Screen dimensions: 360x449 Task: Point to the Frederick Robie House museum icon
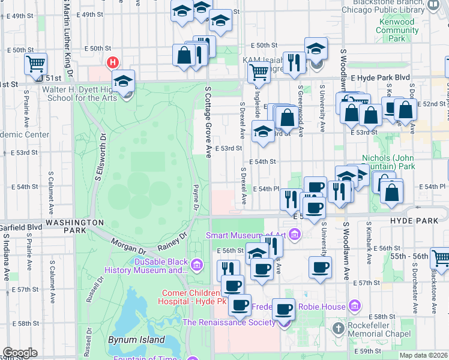click(355, 307)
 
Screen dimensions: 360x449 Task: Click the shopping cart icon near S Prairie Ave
click(36, 63)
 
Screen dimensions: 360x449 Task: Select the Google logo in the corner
click(20, 353)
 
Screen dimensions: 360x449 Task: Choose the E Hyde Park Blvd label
click(380, 78)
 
